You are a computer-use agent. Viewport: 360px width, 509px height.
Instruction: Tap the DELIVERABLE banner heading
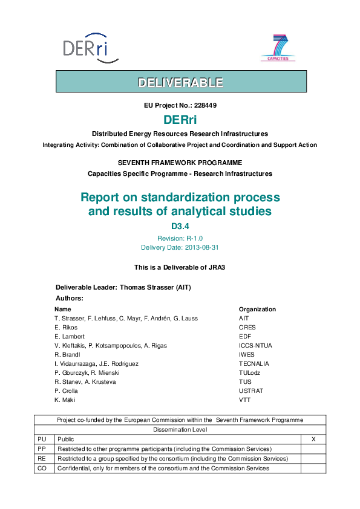pyautogui.click(x=180, y=82)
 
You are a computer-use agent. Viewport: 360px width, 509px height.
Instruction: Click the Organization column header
pyautogui.click(x=257, y=309)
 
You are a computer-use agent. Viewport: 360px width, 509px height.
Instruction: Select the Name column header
pyautogui.click(x=62, y=309)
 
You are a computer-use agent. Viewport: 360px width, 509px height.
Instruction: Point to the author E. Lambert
pyautogui.click(x=70, y=336)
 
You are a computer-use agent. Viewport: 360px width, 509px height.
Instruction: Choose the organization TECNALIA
pyautogui.click(x=254, y=363)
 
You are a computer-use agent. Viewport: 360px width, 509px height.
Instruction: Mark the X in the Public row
pyautogui.click(x=313, y=439)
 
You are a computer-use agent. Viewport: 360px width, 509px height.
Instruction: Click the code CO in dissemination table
pyautogui.click(x=42, y=468)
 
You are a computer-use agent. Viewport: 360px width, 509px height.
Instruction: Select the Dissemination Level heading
pyautogui.click(x=180, y=430)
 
